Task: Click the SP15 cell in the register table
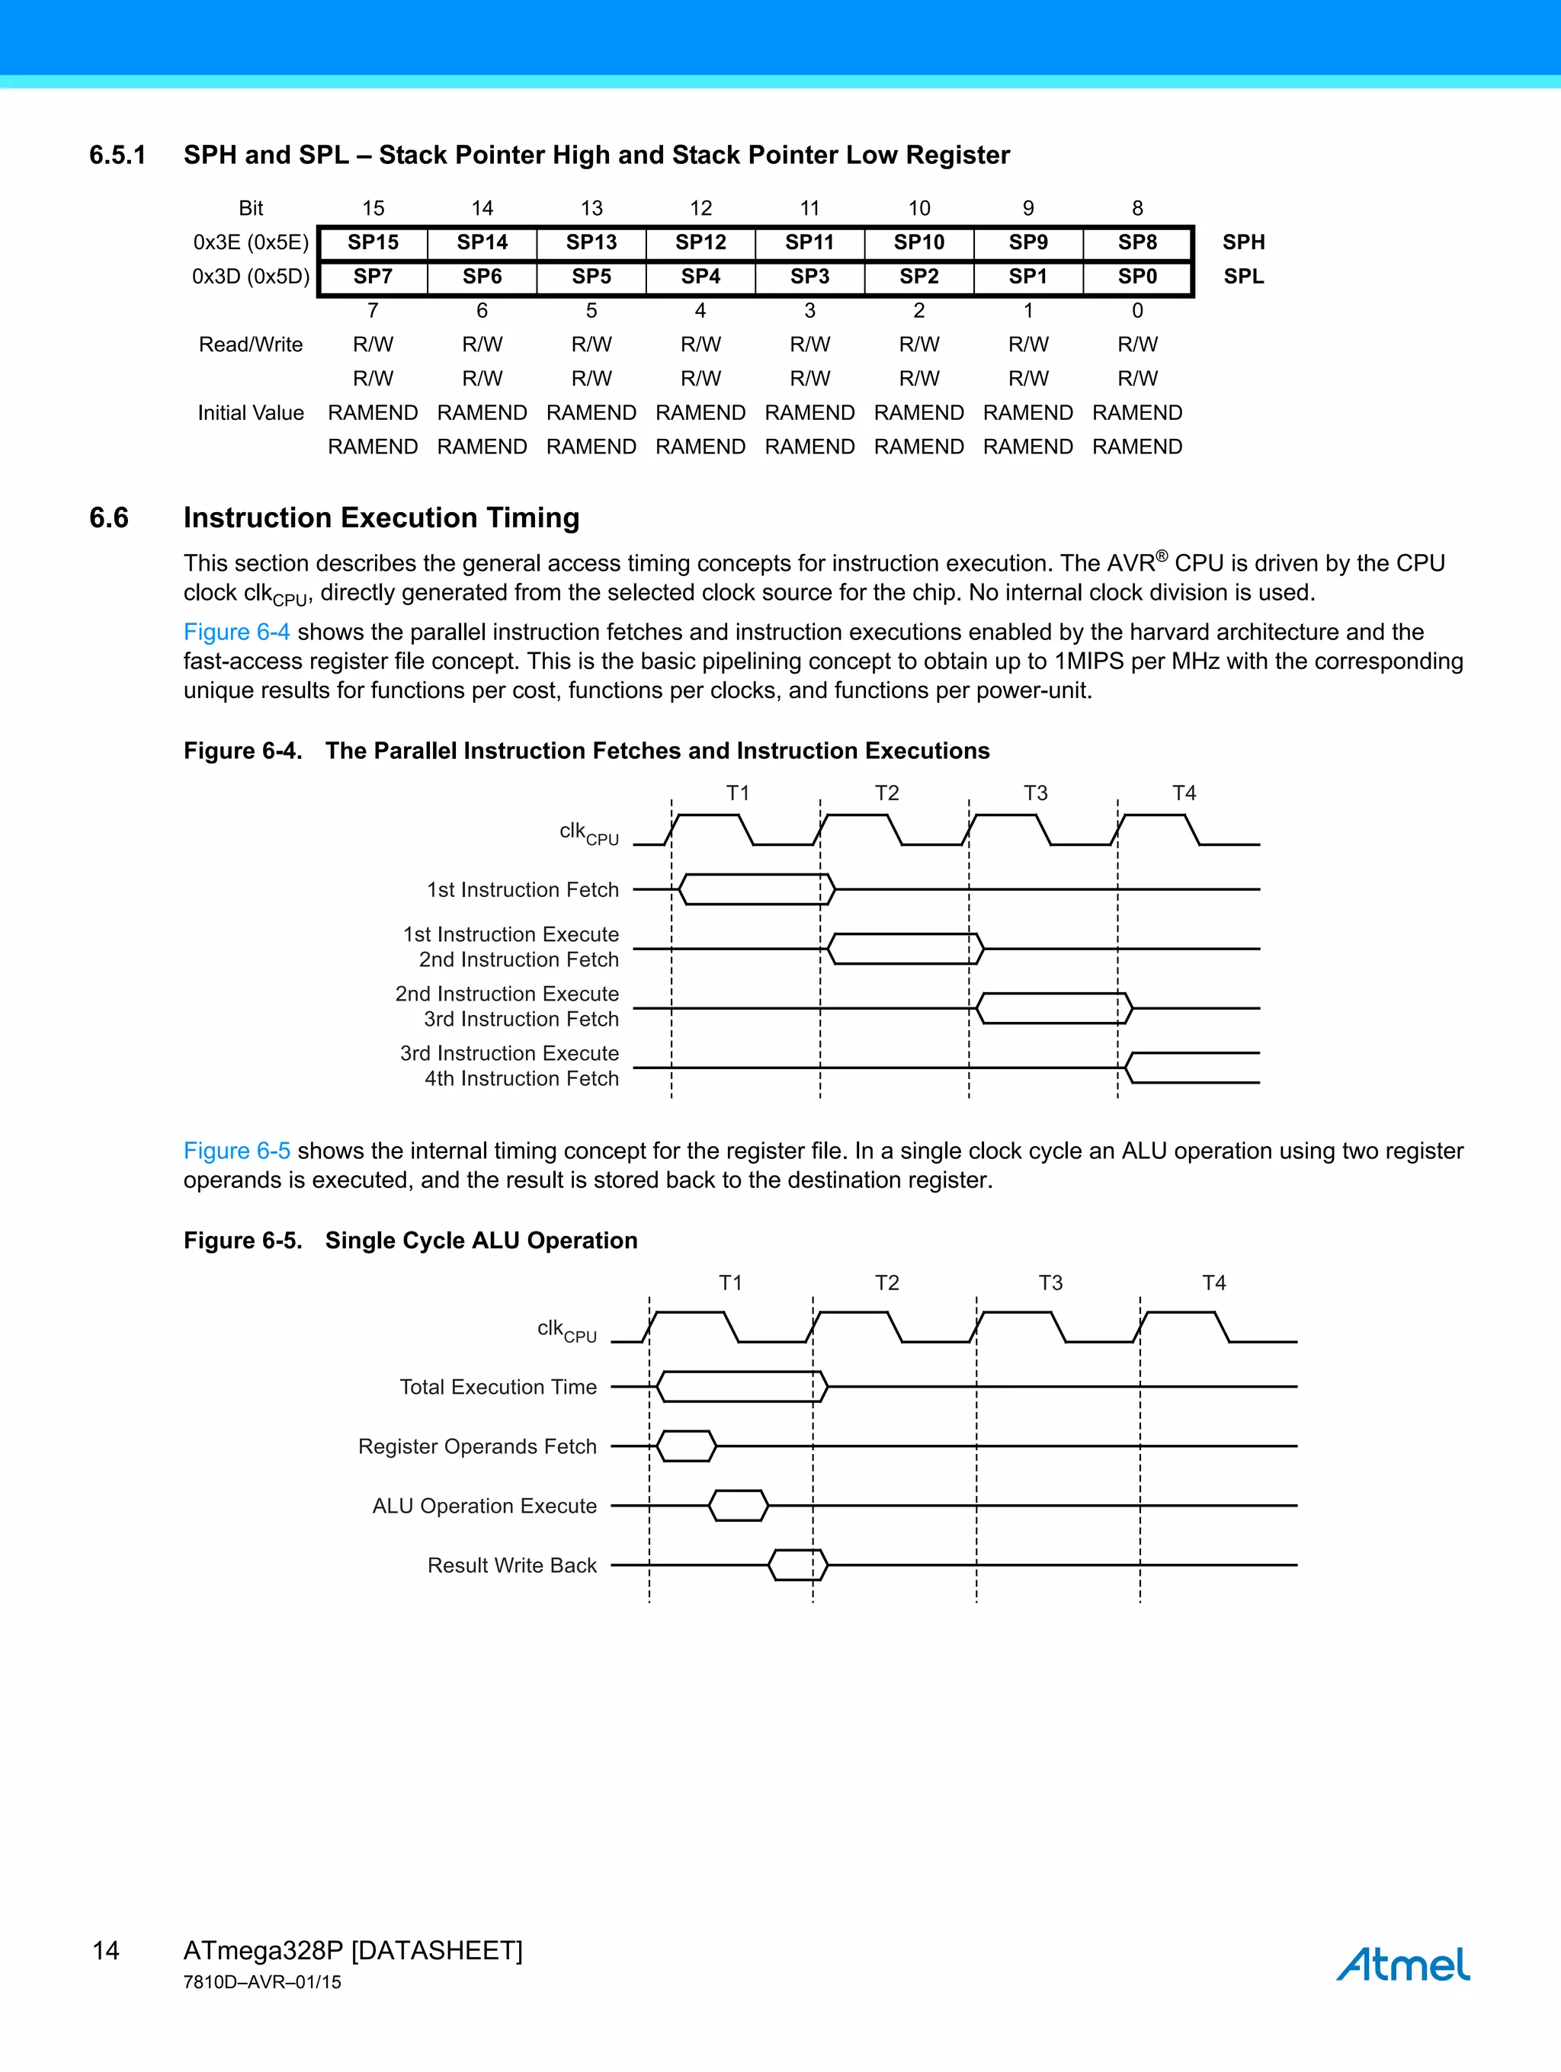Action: click(373, 242)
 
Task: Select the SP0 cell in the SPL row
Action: click(1136, 277)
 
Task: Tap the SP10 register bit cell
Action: click(918, 242)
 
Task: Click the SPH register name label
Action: click(1243, 242)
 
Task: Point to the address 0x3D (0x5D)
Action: click(250, 277)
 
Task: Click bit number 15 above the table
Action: click(373, 208)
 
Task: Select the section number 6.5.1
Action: click(117, 155)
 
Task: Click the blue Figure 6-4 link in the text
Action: click(236, 632)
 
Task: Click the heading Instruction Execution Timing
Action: click(381, 518)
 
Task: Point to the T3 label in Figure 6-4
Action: click(1034, 793)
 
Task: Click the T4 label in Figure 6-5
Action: click(1213, 1283)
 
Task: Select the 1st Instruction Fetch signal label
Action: click(523, 890)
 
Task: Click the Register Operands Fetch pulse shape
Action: click(686, 1446)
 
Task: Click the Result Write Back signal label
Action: click(511, 1565)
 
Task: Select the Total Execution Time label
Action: click(498, 1387)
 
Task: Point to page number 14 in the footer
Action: click(106, 1950)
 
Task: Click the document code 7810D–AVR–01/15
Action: click(262, 1982)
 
